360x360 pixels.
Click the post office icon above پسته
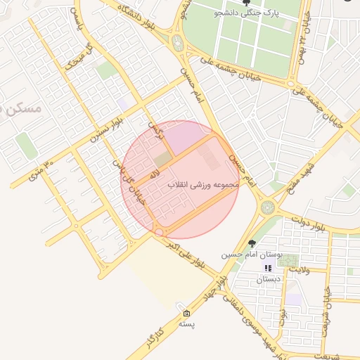click(186, 313)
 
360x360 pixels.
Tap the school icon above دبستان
click(268, 268)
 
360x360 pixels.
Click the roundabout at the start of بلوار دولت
click(267, 207)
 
